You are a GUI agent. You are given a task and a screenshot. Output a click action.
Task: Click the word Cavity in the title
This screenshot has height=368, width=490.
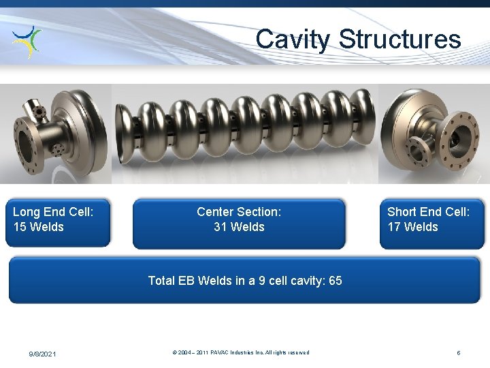pyautogui.click(x=293, y=40)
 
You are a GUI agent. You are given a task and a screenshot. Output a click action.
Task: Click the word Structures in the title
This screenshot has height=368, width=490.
pyautogui.click(x=400, y=39)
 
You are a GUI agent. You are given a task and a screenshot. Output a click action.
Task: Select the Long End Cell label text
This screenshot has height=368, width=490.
pyautogui.click(x=53, y=212)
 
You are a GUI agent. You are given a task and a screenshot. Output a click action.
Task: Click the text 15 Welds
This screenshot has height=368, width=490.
pyautogui.click(x=39, y=227)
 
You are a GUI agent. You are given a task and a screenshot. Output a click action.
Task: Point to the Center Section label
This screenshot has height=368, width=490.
pyautogui.click(x=239, y=212)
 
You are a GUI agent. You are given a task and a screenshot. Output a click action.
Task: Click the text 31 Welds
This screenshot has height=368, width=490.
pyautogui.click(x=239, y=227)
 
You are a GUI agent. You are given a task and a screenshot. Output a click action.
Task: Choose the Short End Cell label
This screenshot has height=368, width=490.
pyautogui.click(x=428, y=212)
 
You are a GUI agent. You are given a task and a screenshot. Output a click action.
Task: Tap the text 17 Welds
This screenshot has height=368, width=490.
pyautogui.click(x=413, y=227)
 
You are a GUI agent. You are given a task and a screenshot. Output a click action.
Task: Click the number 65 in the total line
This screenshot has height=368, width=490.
pyautogui.click(x=335, y=281)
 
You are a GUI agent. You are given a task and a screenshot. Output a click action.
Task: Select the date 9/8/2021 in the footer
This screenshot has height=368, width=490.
pyautogui.click(x=43, y=354)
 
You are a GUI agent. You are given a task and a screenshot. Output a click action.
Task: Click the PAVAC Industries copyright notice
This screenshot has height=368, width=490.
pyautogui.click(x=241, y=353)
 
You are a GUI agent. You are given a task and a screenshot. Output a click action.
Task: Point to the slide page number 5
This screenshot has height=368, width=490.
pyautogui.click(x=459, y=353)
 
